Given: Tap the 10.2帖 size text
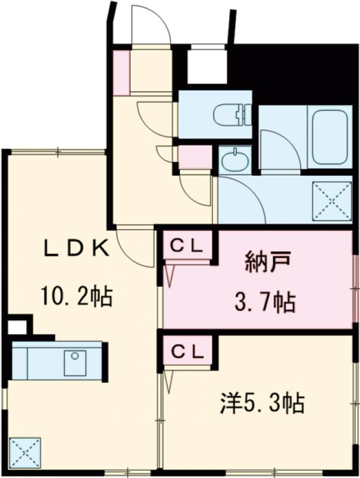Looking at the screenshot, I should tap(76, 296).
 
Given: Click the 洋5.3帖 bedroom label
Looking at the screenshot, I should tap(260, 402).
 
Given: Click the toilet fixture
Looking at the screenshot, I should tap(235, 114).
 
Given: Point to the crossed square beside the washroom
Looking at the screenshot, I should tap(331, 200).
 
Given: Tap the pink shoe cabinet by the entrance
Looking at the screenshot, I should tap(122, 73).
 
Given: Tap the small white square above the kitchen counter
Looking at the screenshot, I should tap(17, 327).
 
